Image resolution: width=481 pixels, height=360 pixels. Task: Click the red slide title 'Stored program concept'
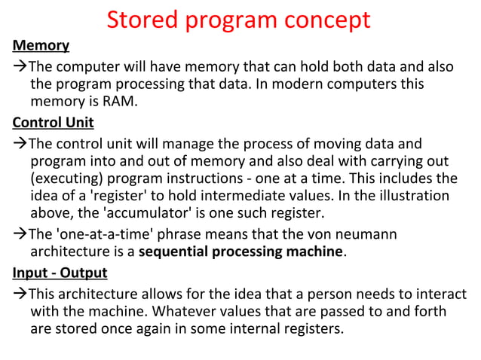click(238, 20)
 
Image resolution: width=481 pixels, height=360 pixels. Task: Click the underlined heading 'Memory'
click(41, 47)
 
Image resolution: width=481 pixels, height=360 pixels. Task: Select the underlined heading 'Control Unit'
click(54, 123)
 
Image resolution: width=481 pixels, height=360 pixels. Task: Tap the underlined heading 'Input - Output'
click(60, 273)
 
